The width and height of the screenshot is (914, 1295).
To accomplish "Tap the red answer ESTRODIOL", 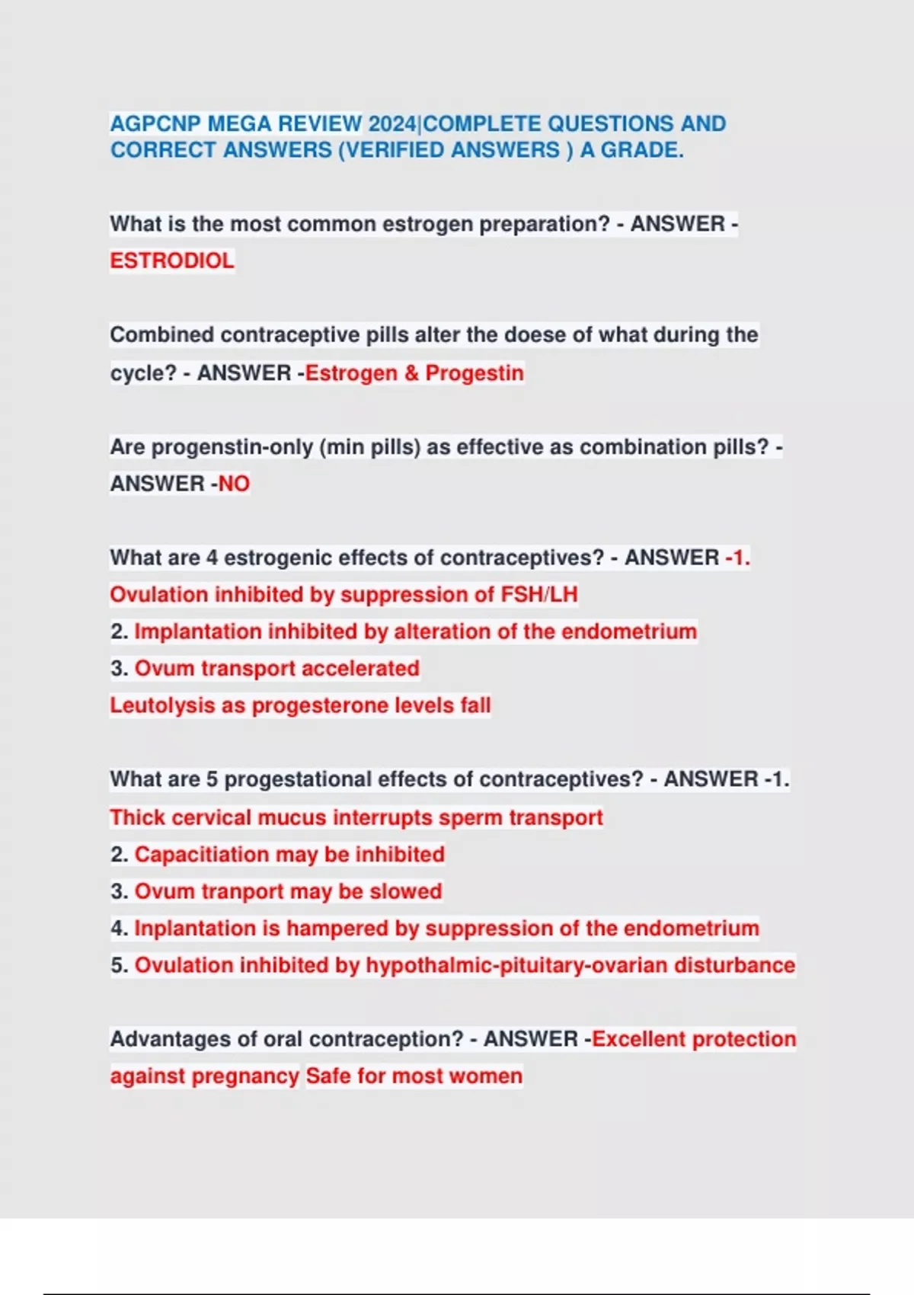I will coord(172,261).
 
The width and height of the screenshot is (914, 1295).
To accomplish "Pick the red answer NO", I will coord(234,484).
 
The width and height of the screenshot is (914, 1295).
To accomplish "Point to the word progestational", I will coord(298,779).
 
